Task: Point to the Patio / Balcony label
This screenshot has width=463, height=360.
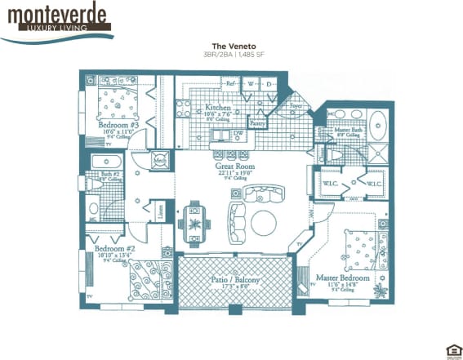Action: pos(234,281)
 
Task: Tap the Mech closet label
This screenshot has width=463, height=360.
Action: pos(162,161)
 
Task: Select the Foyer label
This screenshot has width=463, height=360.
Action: pos(296,105)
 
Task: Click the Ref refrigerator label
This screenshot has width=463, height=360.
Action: pos(231,83)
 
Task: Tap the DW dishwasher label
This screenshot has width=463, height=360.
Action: pos(238,133)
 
